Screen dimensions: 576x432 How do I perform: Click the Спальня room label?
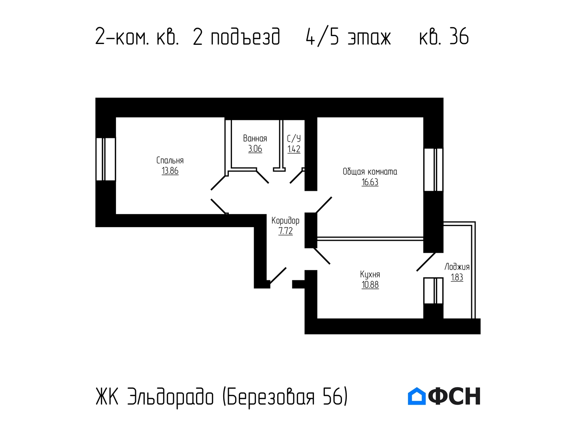tap(170, 160)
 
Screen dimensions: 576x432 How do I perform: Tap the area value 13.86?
tap(170, 171)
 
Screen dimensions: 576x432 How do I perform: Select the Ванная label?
tap(255, 138)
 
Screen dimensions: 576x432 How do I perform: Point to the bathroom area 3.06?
tap(255, 149)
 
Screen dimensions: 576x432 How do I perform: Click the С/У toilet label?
tap(294, 138)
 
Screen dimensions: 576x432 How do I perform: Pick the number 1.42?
tap(294, 149)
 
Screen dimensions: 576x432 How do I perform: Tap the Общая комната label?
tap(370, 172)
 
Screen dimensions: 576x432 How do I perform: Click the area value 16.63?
tap(370, 182)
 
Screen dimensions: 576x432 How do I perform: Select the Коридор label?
tap(285, 221)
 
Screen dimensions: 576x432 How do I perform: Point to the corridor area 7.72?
tap(286, 231)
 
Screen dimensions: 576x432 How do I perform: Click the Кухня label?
tap(370, 274)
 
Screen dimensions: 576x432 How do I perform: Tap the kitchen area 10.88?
tap(370, 284)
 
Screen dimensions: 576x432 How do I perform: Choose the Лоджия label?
tap(457, 267)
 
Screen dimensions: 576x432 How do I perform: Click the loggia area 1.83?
tap(457, 277)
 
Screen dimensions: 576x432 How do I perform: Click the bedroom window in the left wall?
tap(106, 159)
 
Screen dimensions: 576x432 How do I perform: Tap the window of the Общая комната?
tap(433, 170)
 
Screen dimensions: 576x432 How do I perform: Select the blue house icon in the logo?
tap(416, 396)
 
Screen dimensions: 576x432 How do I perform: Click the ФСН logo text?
tap(454, 396)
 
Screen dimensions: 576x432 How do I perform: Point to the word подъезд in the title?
tap(245, 37)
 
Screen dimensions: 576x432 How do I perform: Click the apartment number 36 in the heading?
tap(459, 36)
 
